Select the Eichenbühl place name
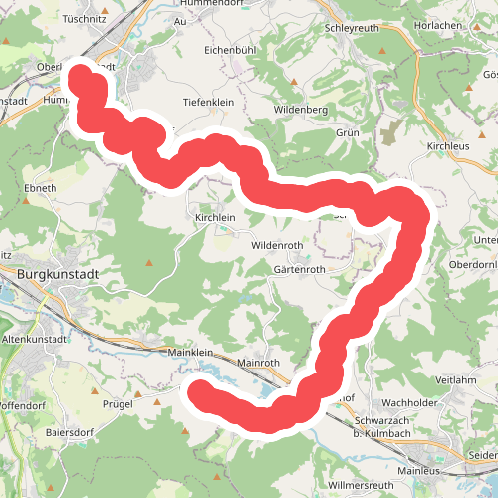231,48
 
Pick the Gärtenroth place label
299,269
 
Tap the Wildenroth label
283,244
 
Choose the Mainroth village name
262,364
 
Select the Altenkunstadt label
42,340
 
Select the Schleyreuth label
353,28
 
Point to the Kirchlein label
215,217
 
